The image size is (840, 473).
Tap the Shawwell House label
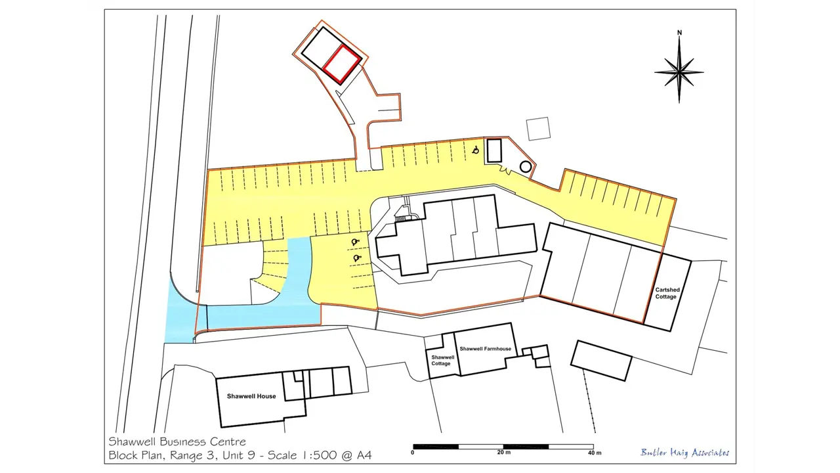pos(251,396)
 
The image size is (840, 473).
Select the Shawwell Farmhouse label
pos(485,349)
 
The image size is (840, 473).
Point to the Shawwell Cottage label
pos(442,361)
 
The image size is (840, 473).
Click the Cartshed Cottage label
pos(667,293)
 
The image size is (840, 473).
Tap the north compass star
pos(679,72)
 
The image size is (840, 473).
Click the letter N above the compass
pos(679,33)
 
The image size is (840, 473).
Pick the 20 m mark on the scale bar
pos(503,453)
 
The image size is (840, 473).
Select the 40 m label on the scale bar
pos(595,453)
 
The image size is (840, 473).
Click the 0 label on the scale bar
pos(413,453)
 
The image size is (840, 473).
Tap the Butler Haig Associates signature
pos(684,453)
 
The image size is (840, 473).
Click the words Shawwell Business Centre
pos(177,441)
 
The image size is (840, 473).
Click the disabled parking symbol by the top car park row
pos(476,150)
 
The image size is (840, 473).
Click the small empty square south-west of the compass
pos(539,129)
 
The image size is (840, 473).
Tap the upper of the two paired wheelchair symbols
pos(355,242)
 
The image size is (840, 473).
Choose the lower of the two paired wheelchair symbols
pos(357,258)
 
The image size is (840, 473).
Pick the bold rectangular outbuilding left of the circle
pos(494,150)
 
